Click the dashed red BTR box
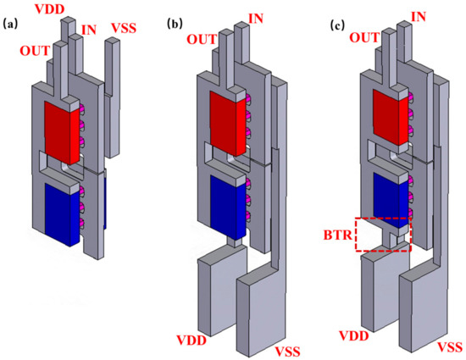pyautogui.click(x=383, y=234)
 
